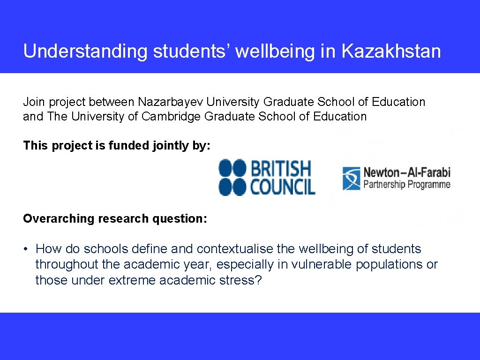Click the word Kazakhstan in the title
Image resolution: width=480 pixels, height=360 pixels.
391,51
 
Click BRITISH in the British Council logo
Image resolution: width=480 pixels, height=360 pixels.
281,168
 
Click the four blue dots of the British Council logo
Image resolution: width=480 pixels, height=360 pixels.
232,177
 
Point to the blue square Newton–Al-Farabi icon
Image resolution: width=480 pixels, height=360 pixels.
351,178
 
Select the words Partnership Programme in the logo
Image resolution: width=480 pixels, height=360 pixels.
406,184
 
